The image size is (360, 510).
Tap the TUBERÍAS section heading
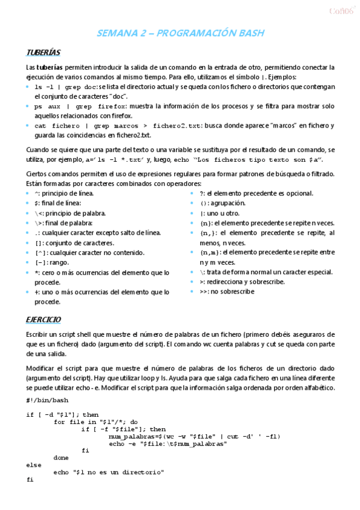coord(43,53)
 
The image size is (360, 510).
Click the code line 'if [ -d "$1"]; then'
coord(63,414)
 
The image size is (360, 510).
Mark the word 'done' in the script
coord(61,458)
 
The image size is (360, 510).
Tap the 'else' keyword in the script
coord(34,465)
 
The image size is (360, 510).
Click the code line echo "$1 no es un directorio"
coord(109,473)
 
